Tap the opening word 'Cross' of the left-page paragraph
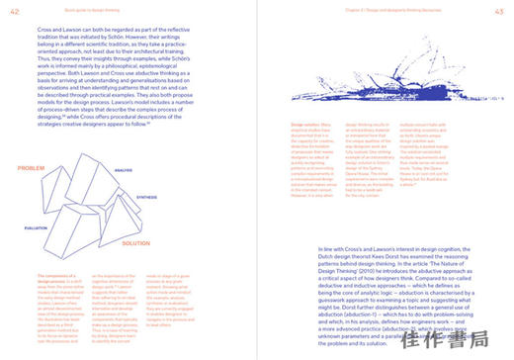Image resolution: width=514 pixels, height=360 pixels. [31, 31]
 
